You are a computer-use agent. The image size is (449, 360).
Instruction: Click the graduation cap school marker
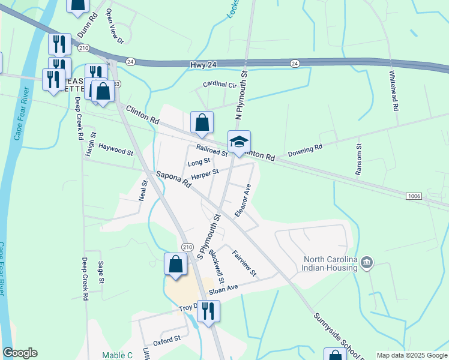click(x=239, y=143)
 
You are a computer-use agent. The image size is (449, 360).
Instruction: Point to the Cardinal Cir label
click(x=220, y=85)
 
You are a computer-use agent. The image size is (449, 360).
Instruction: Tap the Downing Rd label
click(x=305, y=151)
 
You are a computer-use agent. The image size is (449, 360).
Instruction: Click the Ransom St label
click(x=359, y=159)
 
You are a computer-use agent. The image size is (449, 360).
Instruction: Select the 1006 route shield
click(x=413, y=196)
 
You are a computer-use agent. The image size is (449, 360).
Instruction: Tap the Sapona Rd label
click(x=173, y=179)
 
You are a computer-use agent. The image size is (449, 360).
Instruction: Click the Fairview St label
click(x=244, y=263)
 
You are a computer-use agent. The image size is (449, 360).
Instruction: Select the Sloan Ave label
click(x=223, y=290)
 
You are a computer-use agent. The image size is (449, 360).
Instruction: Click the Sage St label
click(x=101, y=272)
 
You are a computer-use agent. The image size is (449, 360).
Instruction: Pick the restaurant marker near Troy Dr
click(x=208, y=311)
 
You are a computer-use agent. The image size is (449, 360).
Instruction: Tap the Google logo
click(x=20, y=353)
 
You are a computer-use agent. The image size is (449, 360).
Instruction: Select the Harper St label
click(x=205, y=175)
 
